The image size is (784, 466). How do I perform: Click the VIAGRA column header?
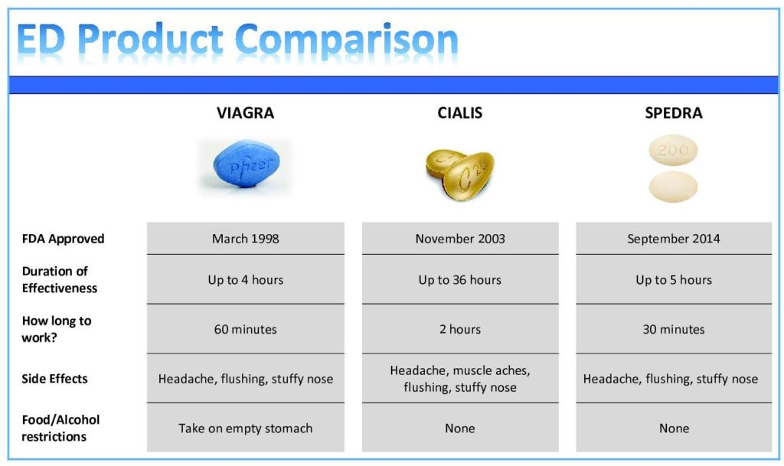(x=245, y=113)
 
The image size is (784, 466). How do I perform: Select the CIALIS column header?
(x=459, y=113)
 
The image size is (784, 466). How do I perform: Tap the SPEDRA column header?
(x=673, y=113)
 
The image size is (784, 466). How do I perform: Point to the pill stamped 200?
(x=673, y=151)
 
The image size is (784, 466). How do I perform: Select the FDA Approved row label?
(x=63, y=239)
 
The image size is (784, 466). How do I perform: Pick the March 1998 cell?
(x=245, y=239)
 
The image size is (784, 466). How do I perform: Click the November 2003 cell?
(x=459, y=239)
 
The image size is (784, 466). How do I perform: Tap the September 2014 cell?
(x=673, y=239)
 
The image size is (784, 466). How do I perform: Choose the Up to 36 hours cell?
(x=459, y=280)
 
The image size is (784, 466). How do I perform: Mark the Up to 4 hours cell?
(x=245, y=280)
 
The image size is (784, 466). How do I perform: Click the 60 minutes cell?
(x=245, y=330)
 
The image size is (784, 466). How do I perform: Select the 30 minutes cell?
(x=673, y=330)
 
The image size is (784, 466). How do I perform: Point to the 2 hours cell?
(x=459, y=330)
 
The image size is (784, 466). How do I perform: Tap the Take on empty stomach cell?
(x=245, y=429)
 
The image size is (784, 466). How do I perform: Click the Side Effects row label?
(x=54, y=379)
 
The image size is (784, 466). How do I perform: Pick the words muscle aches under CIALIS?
(x=491, y=370)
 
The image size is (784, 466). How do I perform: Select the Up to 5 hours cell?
(x=673, y=280)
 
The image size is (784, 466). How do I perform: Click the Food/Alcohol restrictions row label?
(x=60, y=429)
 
